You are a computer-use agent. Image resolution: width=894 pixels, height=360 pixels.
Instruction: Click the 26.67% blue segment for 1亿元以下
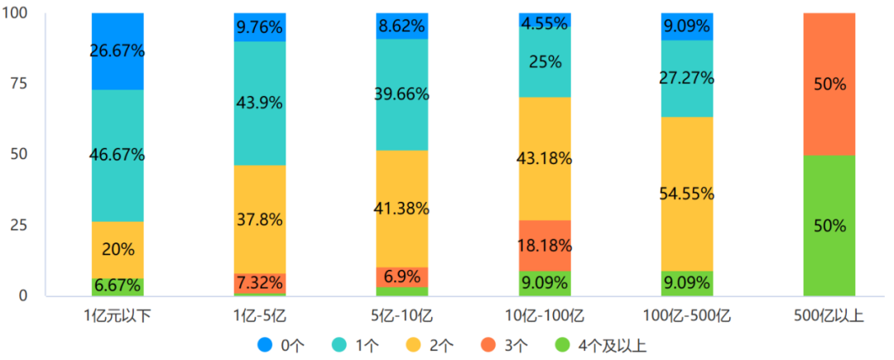click(x=118, y=51)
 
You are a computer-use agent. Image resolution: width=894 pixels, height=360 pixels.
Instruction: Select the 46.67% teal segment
click(x=118, y=155)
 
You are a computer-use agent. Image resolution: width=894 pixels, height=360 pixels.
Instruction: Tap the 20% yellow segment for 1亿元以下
click(x=118, y=249)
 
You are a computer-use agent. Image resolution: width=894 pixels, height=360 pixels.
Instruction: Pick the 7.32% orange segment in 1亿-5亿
click(x=260, y=282)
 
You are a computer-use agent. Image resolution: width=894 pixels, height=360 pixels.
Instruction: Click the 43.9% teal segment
click(x=260, y=103)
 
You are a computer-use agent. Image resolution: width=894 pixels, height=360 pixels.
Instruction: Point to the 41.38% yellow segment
click(x=402, y=209)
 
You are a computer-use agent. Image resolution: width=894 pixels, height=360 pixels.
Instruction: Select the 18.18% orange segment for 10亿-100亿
click(x=545, y=246)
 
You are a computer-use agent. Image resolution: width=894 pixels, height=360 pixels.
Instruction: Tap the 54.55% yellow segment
click(x=687, y=194)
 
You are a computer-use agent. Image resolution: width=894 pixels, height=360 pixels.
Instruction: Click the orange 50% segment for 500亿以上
click(x=829, y=84)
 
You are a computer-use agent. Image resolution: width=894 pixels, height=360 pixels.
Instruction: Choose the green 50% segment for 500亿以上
click(x=829, y=225)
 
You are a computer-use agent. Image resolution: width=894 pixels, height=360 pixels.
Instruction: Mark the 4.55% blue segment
click(x=545, y=20)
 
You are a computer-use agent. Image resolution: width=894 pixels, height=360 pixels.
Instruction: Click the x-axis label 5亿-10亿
click(x=402, y=314)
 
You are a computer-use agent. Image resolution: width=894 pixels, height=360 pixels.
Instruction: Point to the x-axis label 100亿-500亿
click(x=687, y=314)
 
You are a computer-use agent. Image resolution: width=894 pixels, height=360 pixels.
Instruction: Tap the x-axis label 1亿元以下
click(x=118, y=314)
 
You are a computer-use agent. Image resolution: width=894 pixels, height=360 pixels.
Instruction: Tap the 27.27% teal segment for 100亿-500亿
click(x=687, y=78)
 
